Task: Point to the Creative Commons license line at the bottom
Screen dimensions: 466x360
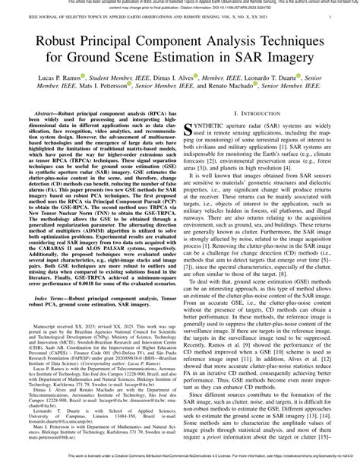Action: [x=180, y=461]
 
